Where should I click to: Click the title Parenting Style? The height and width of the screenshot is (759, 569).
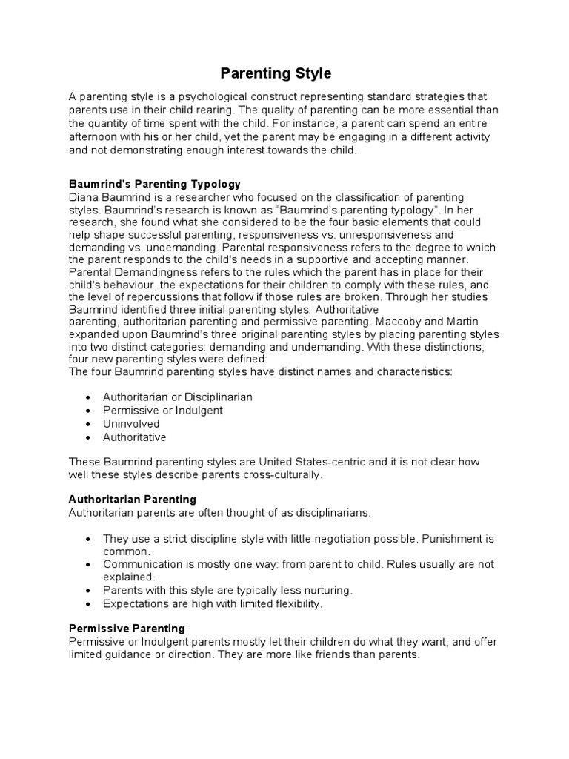[275, 73]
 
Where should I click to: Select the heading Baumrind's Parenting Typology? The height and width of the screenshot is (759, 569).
[154, 184]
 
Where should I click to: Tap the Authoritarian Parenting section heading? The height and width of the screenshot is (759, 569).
[132, 500]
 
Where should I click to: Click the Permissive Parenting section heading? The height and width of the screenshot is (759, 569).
[127, 629]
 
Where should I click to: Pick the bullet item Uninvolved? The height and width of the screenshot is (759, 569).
[131, 424]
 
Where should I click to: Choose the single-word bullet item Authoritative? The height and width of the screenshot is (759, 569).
[135, 437]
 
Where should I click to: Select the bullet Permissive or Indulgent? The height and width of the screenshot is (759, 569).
[162, 411]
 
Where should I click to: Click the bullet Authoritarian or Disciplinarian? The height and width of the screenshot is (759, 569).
[177, 397]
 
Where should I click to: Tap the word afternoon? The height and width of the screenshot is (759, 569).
[93, 137]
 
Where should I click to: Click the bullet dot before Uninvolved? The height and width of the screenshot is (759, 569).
[88, 425]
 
